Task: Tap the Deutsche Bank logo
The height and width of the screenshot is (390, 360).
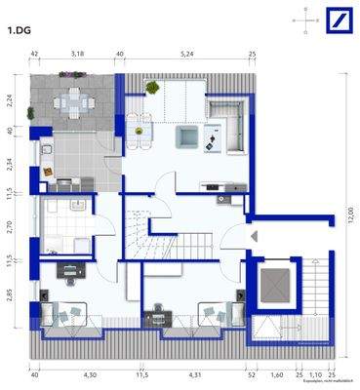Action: coord(338,19)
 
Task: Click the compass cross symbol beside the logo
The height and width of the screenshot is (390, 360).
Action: coord(305,19)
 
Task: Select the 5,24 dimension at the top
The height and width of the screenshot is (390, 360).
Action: coord(184,55)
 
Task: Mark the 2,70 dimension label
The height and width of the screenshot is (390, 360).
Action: coord(8,229)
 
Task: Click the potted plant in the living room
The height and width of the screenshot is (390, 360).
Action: coord(153,88)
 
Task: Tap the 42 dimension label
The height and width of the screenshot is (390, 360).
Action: coord(34,55)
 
